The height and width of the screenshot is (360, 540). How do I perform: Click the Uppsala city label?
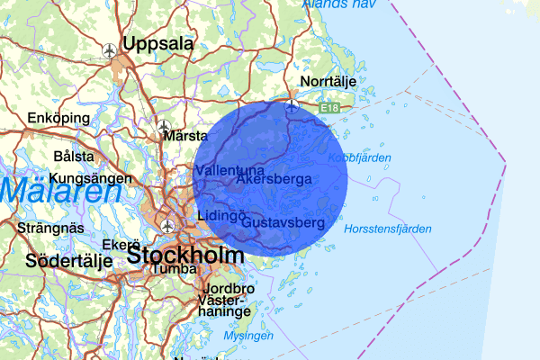click(x=158, y=44)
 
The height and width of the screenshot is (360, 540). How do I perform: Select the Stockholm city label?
click(x=185, y=255)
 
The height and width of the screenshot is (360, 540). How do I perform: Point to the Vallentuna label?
click(x=229, y=170)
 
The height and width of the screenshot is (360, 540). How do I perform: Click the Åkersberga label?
click(x=274, y=179)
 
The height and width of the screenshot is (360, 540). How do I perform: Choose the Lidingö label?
click(x=221, y=218)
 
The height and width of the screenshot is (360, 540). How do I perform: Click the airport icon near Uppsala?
click(x=110, y=50)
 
